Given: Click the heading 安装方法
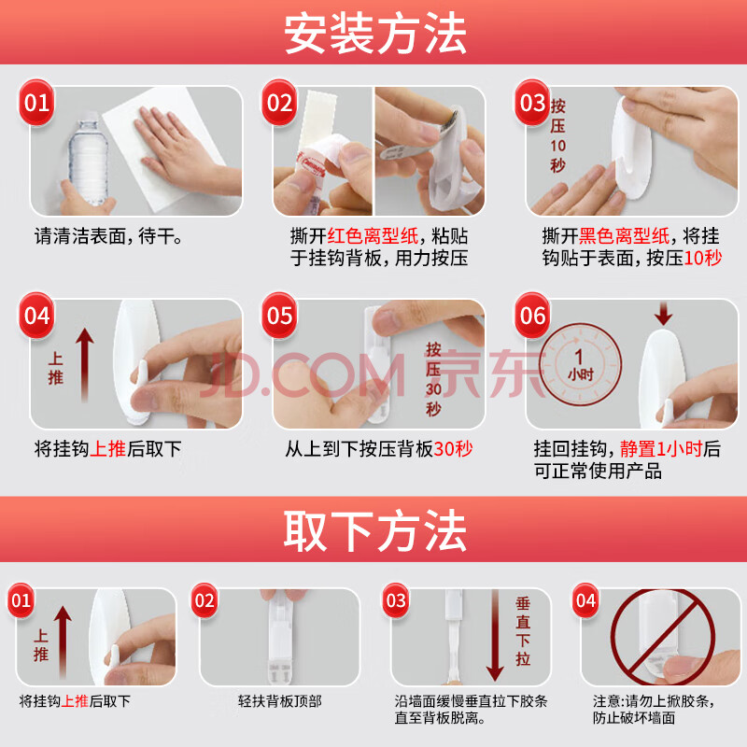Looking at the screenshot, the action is pos(375,34).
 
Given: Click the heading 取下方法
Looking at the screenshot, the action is pos(375,530).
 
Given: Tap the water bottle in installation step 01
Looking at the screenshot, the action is pos(89,159).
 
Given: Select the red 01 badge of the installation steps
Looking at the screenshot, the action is pos(36,103).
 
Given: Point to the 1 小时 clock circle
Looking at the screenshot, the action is pos(580,364).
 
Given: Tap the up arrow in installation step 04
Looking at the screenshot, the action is pos(85,364).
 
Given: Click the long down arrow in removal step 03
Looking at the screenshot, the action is pos(495,636).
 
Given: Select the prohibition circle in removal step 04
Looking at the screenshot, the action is pos(662,637).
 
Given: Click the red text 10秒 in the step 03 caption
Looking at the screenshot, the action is pos(703,259).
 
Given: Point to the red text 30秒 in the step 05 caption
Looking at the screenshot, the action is pos(453,449).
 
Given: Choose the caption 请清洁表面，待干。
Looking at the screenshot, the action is pos(108,236).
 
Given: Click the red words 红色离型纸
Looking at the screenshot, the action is pos(373,236).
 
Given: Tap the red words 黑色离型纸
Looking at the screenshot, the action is pos(625,236).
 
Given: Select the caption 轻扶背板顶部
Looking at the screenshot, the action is pos(279,701).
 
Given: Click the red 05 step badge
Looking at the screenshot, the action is pos(279,316).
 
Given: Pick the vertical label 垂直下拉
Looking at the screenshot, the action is pos(523,631).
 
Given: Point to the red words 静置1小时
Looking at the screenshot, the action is pos(661,449).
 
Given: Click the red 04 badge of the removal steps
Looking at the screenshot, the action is pos(585,600).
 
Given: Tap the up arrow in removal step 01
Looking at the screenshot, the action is pos(63,642).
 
